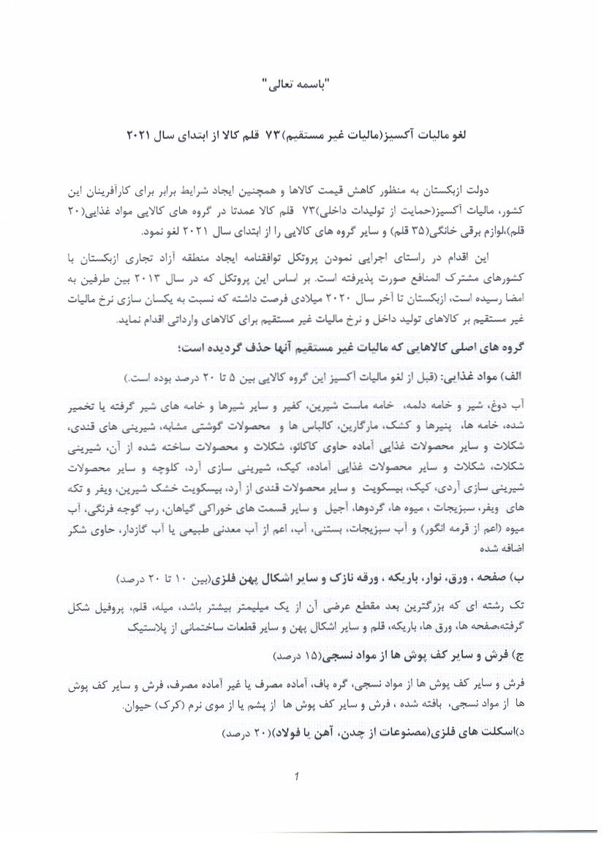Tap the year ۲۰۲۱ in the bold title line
tap(138, 136)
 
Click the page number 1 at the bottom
tap(296, 777)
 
